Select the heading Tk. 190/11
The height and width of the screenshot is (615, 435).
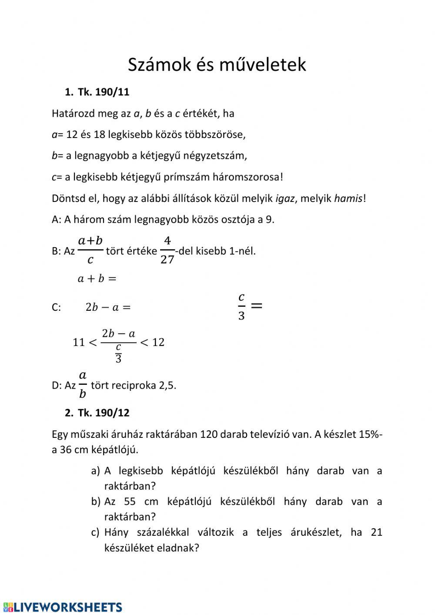pos(104,92)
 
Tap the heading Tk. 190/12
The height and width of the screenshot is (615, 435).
pos(104,413)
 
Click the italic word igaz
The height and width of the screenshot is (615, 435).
pos(285,198)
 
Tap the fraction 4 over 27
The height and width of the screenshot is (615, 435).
pos(167,251)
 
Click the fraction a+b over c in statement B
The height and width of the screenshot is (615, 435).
pos(90,250)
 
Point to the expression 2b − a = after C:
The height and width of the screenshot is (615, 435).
pos(108,307)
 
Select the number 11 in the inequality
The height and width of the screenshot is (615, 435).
pos(79,342)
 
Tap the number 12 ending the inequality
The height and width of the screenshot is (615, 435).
pos(158,342)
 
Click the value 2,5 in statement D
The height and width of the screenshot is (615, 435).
pos(167,385)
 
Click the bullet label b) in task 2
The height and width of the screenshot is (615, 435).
pos(96,501)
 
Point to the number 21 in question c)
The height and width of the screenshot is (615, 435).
pos(376,532)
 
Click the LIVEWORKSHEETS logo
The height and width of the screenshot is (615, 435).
pos(63,607)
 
